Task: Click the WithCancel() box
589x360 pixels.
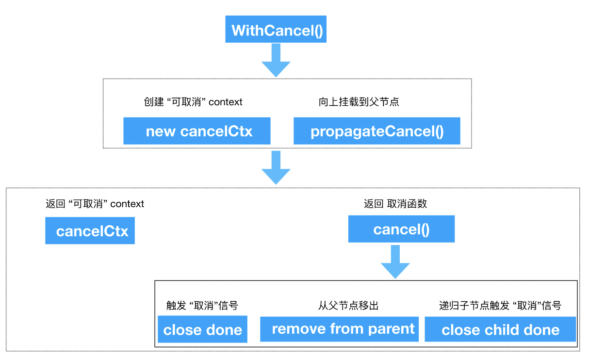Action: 276,29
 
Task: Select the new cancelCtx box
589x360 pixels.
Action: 197,131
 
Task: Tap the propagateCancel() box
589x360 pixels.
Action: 377,131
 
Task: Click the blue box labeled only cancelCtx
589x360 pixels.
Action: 90,230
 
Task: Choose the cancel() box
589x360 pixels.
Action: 402,229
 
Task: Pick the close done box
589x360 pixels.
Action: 202,329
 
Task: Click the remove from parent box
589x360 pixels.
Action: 339,329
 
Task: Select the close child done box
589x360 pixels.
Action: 500,329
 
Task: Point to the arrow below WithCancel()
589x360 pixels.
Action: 276,60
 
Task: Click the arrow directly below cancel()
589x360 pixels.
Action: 395,262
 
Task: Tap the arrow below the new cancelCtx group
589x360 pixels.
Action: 276,167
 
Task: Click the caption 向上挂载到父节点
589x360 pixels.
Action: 359,102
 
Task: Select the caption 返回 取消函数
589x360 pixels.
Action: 395,204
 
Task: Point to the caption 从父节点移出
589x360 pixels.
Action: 348,306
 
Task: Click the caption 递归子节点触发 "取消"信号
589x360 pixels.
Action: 500,306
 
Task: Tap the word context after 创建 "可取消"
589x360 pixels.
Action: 225,102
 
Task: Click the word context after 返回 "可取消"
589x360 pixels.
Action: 127,204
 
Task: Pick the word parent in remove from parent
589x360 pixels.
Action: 391,329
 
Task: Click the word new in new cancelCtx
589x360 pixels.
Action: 161,132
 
